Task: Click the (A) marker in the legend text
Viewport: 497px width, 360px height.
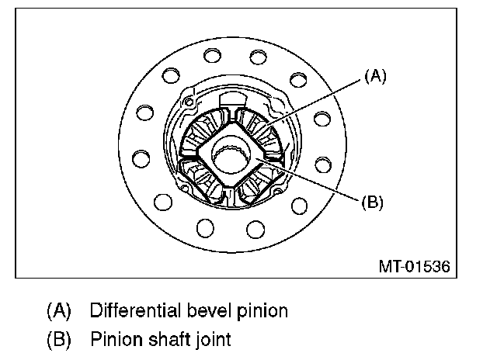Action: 59,311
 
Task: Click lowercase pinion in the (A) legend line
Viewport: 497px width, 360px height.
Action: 262,311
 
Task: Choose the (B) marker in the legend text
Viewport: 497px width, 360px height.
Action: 59,339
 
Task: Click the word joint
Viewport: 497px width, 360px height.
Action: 212,339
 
